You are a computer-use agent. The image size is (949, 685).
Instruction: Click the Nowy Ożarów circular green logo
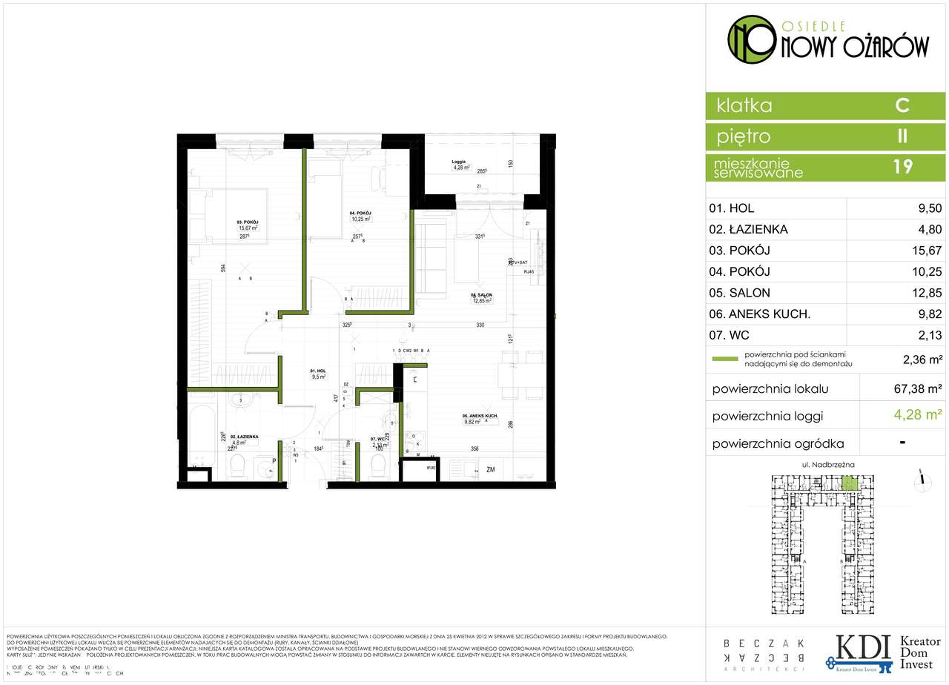pos(749,40)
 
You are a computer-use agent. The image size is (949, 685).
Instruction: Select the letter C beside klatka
pos(902,105)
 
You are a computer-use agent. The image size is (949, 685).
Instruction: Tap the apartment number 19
pos(902,166)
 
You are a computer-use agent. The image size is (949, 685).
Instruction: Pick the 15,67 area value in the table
pos(927,251)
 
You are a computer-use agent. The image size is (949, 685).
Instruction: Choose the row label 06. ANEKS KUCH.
pos(759,314)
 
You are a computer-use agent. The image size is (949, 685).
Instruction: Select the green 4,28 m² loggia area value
pos(918,414)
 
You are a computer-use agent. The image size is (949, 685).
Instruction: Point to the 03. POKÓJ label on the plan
pos(248,221)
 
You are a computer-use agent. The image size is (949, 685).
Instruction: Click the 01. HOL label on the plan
pos(318,370)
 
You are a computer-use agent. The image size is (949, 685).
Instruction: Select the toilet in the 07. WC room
pos(377,467)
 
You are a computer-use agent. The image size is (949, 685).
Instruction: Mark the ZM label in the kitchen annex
pos(491,470)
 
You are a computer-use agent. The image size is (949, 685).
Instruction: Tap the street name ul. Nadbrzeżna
pos(829,464)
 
